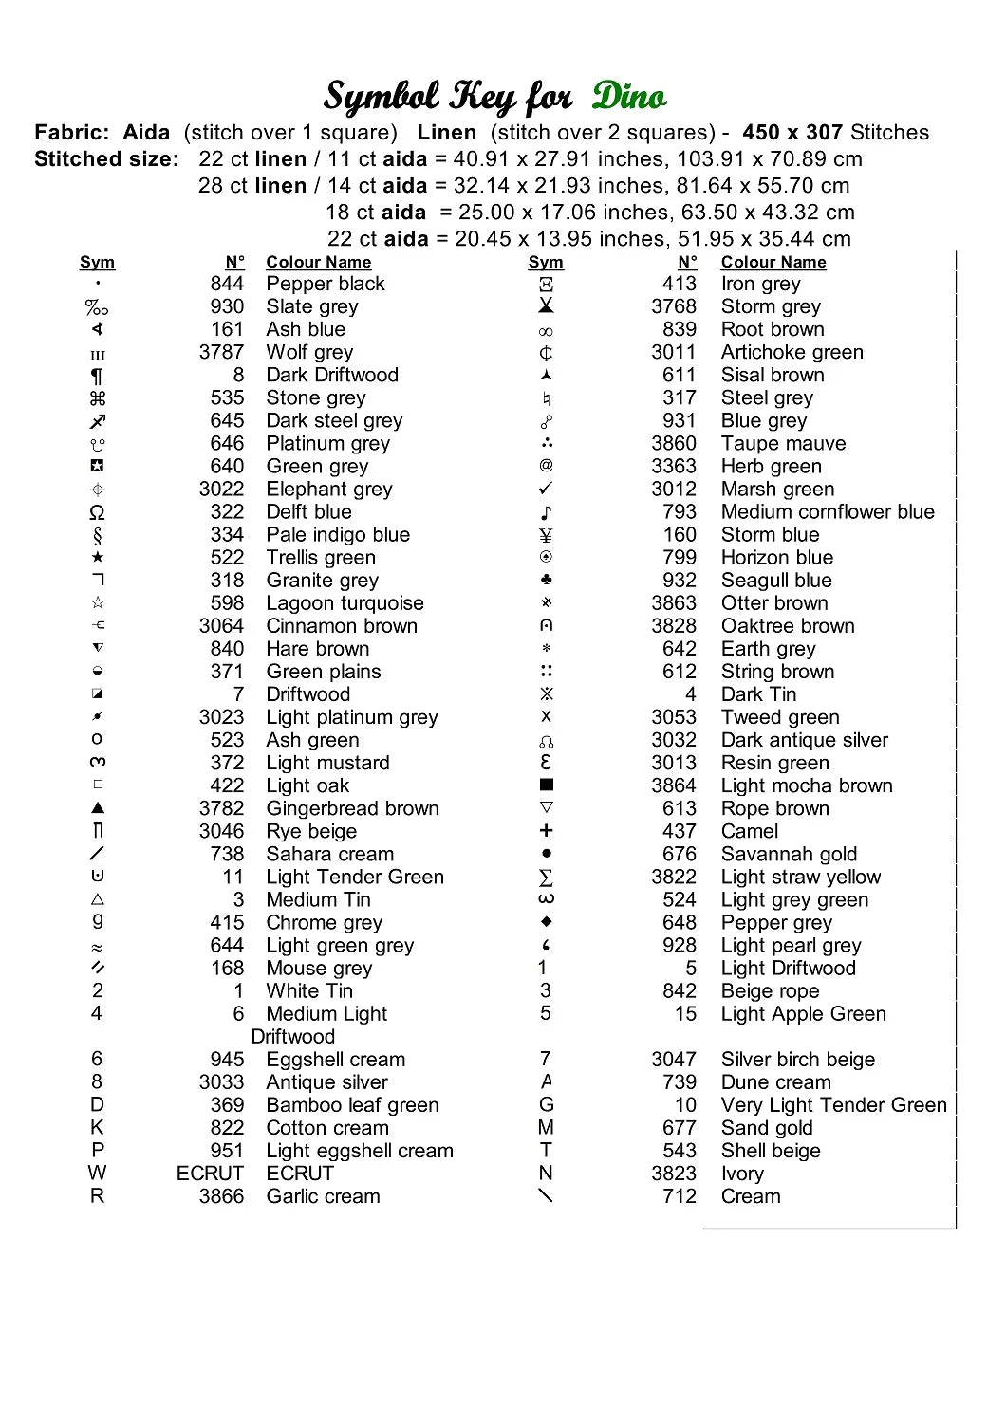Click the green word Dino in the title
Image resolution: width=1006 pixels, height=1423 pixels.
point(629,96)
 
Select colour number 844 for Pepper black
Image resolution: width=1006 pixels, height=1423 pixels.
point(227,284)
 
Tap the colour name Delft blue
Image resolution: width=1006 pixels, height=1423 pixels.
point(308,512)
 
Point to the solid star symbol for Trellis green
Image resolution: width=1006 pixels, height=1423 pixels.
point(98,557)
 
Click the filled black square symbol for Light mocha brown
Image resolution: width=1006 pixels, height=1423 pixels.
point(546,785)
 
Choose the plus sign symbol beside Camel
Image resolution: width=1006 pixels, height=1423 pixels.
point(546,830)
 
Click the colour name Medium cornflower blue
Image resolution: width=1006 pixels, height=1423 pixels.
point(828,512)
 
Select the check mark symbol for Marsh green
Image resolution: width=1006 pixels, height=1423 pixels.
point(546,489)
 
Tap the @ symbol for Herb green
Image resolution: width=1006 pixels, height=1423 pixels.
point(546,465)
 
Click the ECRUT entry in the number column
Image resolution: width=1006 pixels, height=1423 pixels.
point(210,1174)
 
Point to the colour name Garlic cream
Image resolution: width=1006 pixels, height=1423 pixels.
point(323,1196)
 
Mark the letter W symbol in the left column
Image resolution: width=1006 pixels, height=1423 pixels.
point(97,1174)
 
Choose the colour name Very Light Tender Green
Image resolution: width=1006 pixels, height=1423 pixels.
point(833,1105)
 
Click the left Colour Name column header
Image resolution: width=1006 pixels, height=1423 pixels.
point(318,262)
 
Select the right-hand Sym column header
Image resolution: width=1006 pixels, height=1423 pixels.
point(546,262)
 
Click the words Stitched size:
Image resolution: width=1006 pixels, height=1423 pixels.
point(106,159)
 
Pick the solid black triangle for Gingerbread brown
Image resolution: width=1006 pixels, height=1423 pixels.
point(98,808)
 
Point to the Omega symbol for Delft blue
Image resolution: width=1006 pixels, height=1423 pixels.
point(97,512)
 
